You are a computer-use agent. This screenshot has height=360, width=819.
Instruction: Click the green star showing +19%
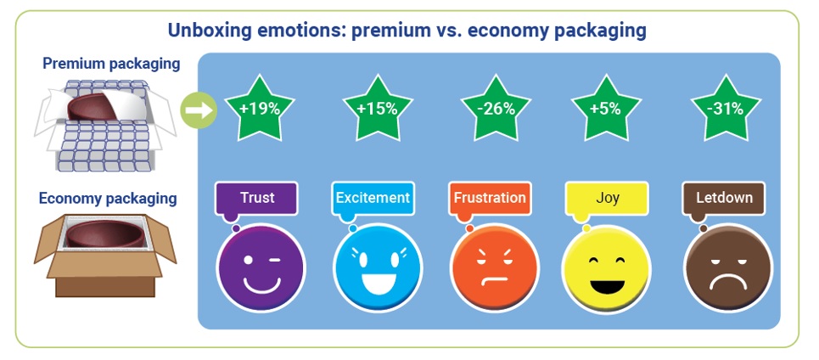(x=260, y=109)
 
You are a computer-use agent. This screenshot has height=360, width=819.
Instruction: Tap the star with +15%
(x=378, y=109)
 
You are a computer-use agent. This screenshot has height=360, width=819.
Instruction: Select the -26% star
(x=496, y=109)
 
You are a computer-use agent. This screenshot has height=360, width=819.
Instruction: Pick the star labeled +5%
(x=606, y=109)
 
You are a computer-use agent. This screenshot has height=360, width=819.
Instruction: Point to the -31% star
(x=726, y=109)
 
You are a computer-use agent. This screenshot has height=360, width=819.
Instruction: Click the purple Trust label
(x=256, y=199)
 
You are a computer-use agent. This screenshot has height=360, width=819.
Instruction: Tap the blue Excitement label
(x=373, y=199)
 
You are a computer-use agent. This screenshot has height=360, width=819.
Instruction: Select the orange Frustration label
(x=490, y=199)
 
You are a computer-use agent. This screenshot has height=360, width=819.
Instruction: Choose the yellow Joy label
(x=607, y=199)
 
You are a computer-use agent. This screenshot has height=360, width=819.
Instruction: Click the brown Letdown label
(x=724, y=199)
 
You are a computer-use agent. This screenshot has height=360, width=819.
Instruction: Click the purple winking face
(x=261, y=268)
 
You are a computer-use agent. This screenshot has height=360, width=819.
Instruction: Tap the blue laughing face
(x=378, y=268)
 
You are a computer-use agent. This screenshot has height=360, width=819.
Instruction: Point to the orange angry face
(x=495, y=268)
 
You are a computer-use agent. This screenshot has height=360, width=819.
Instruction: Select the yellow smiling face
(x=607, y=268)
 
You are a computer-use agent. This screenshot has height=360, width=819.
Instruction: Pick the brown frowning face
(x=728, y=268)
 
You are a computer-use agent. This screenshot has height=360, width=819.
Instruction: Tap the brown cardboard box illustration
(x=105, y=256)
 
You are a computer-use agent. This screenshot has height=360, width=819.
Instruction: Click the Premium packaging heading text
(x=111, y=64)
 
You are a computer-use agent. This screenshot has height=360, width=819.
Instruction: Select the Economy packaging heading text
(x=108, y=199)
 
